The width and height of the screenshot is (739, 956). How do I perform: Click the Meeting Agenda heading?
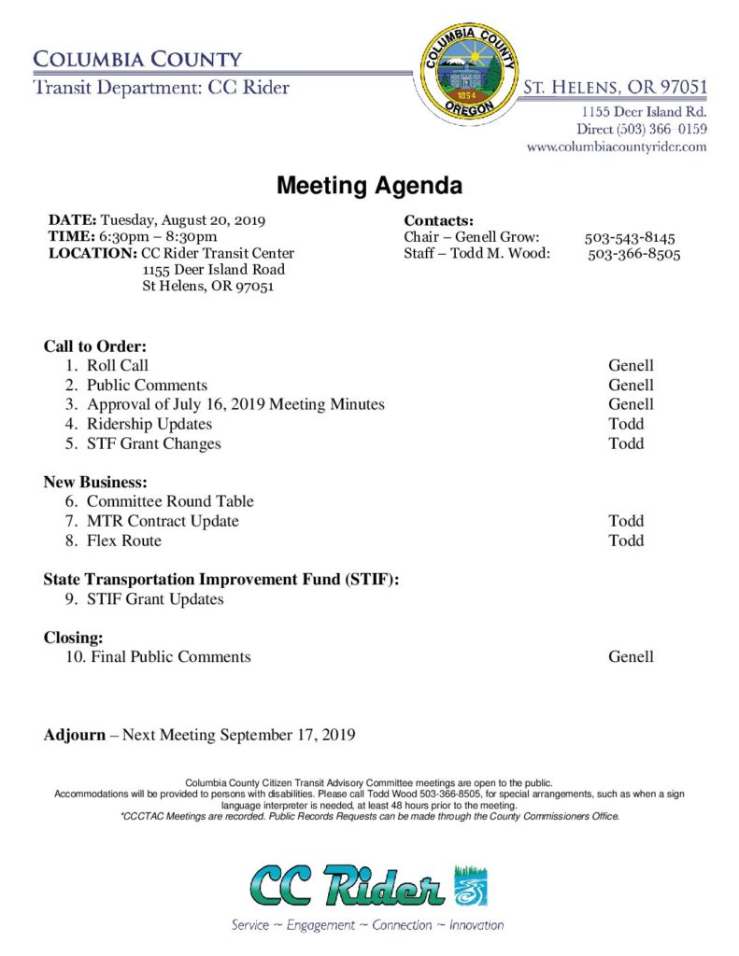(369, 186)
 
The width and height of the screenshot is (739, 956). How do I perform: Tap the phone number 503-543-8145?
(630, 237)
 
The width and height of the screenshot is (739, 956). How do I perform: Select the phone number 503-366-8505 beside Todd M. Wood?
(633, 254)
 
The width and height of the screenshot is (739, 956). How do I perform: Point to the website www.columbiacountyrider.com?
(617, 147)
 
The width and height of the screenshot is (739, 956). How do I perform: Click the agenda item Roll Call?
(118, 365)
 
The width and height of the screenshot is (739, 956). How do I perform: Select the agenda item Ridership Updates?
(149, 424)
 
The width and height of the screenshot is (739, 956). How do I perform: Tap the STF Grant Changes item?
(154, 443)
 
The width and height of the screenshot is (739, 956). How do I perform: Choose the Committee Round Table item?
(170, 501)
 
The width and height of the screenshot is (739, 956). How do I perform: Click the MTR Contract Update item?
(163, 521)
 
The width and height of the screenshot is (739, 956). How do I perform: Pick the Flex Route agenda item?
(124, 541)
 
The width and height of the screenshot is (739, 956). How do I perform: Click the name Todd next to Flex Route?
(626, 541)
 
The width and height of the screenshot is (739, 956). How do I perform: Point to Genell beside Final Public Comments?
(631, 656)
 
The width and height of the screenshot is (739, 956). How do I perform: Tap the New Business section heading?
(95, 482)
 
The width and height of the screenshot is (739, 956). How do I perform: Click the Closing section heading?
(73, 638)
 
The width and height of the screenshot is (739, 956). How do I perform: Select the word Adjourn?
(75, 735)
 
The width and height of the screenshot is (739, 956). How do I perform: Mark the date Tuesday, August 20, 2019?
(183, 220)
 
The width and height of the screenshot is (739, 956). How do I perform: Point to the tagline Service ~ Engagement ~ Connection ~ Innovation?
(368, 925)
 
